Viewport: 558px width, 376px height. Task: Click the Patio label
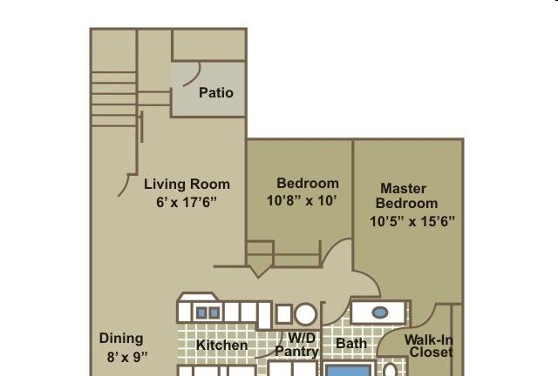pos(216,93)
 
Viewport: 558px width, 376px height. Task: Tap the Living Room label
pos(187,185)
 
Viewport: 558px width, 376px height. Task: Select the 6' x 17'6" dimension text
pos(187,202)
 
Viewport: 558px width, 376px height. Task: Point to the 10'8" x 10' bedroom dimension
pos(302,200)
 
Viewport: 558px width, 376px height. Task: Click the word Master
pos(403,188)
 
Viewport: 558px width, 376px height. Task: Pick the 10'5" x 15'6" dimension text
pos(412,221)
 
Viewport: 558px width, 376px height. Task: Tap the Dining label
pos(121,339)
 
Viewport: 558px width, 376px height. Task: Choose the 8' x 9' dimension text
pos(127,357)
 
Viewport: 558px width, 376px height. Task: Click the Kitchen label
pos(221,345)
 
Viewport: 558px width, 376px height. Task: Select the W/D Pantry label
pos(296,345)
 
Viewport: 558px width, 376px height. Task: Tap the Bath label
pos(351,343)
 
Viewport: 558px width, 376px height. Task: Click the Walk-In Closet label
pos(428,346)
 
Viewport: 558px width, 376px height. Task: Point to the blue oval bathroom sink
pos(380,312)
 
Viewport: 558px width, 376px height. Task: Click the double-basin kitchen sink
pos(208,312)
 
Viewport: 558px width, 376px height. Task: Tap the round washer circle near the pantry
pos(306,314)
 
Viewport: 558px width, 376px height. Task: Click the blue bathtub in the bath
pos(349,370)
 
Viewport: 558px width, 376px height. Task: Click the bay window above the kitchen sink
pos(198,297)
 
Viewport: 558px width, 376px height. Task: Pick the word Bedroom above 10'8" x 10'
pos(308,183)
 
